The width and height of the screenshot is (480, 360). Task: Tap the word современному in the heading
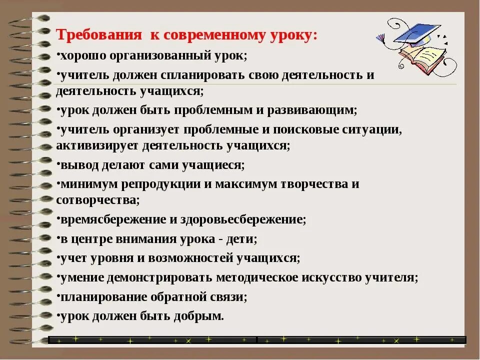tap(207, 36)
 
